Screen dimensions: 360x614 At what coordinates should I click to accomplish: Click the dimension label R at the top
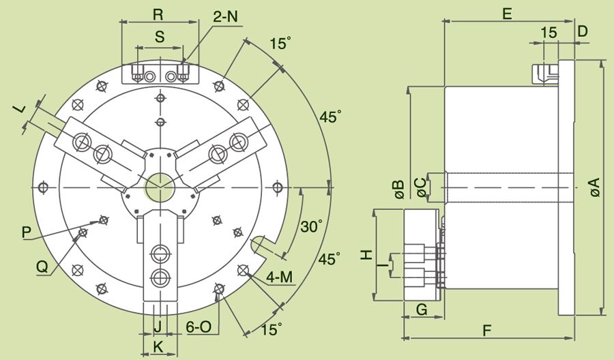[x=158, y=14]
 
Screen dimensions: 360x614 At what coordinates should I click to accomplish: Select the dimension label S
[x=159, y=38]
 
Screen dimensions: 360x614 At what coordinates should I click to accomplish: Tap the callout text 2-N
[x=225, y=16]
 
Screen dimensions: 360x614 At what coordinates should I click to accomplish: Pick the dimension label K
[x=158, y=346]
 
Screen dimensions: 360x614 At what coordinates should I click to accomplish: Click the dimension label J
[x=157, y=325]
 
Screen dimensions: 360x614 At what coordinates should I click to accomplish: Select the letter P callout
[x=27, y=232]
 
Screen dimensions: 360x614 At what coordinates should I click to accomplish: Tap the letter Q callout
[x=42, y=268]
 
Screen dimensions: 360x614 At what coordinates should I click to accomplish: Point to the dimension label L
[x=20, y=108]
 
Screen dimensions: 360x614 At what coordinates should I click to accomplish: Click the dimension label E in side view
[x=506, y=14]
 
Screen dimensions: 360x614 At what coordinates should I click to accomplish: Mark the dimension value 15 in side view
[x=548, y=33]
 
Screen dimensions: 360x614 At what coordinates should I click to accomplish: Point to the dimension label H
[x=366, y=254]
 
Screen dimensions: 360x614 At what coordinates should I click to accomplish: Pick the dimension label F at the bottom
[x=487, y=331]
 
